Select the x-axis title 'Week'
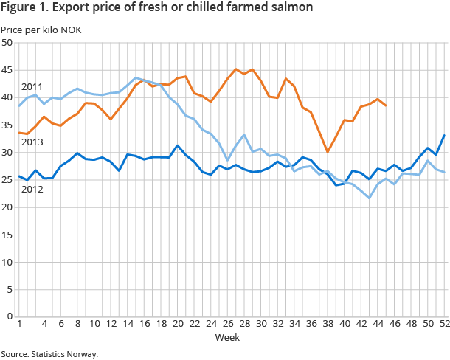pyautogui.click(x=226, y=337)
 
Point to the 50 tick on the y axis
pyautogui.click(x=7, y=43)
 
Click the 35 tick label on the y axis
pyautogui.click(x=7, y=125)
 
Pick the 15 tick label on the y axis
pyautogui.click(x=7, y=235)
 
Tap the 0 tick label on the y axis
pyautogui.click(x=9, y=316)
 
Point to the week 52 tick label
pyautogui.click(x=445, y=324)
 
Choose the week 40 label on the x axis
pyautogui.click(x=345, y=324)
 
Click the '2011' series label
pyautogui.click(x=32, y=87)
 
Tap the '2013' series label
pyautogui.click(x=31, y=142)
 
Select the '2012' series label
pyautogui.click(x=31, y=189)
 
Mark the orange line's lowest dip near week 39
pyautogui.click(x=328, y=152)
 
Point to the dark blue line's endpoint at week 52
pyautogui.click(x=445, y=135)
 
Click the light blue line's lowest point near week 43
pyautogui.click(x=370, y=198)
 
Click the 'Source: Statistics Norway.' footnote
pyautogui.click(x=49, y=354)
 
